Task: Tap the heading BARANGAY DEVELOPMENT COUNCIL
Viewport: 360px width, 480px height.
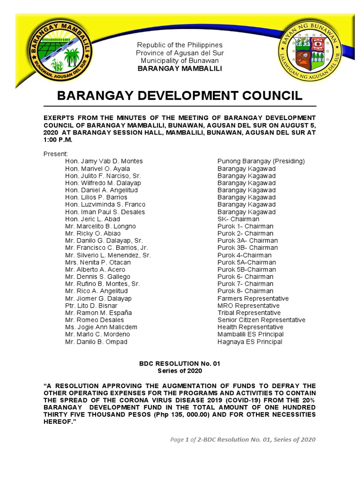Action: click(180, 96)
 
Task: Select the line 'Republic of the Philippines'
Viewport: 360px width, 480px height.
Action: click(180, 45)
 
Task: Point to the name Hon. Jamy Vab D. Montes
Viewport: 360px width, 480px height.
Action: click(104, 161)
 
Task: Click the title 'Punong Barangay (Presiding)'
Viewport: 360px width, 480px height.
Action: click(261, 161)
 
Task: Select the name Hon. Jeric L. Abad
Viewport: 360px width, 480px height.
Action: click(92, 219)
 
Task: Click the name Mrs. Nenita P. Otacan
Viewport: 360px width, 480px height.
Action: click(98, 262)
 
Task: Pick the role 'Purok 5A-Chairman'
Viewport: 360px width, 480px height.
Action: click(247, 262)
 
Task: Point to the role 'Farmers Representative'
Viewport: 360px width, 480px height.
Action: click(253, 299)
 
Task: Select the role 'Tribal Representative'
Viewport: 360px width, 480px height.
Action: click(249, 313)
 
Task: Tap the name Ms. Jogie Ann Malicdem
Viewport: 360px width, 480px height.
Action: click(101, 327)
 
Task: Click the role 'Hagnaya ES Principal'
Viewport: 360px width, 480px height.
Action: click(250, 342)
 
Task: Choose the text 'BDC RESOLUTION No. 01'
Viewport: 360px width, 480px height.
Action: click(180, 363)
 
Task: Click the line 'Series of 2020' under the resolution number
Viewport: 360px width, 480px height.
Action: click(180, 371)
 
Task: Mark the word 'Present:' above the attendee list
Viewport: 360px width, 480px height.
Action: click(56, 154)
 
